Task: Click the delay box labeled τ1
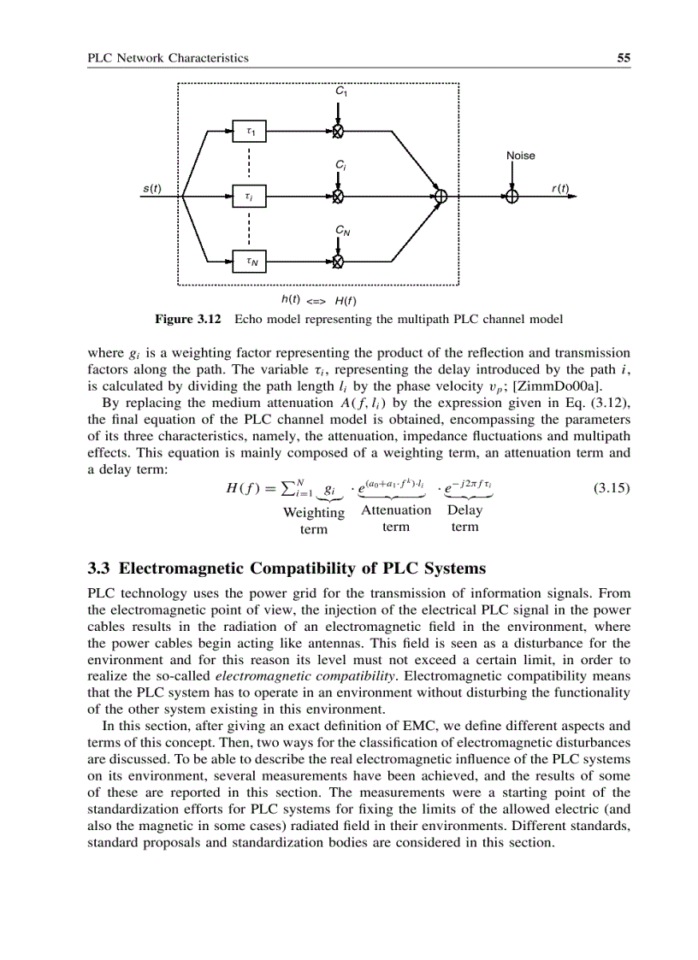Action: point(250,132)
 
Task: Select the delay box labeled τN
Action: point(250,261)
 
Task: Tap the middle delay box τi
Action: point(250,197)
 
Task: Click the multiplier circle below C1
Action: point(339,132)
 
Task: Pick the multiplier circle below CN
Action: point(339,261)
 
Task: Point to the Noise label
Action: point(520,156)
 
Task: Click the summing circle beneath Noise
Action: point(512,197)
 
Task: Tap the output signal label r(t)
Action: point(561,188)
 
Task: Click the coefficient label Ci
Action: point(340,163)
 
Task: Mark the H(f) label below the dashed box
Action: point(346,300)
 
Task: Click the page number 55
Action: point(624,58)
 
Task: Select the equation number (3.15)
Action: point(611,489)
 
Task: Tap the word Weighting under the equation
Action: point(313,513)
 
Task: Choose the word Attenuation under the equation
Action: point(396,509)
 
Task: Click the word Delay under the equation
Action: point(464,509)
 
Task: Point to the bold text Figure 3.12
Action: point(187,319)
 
